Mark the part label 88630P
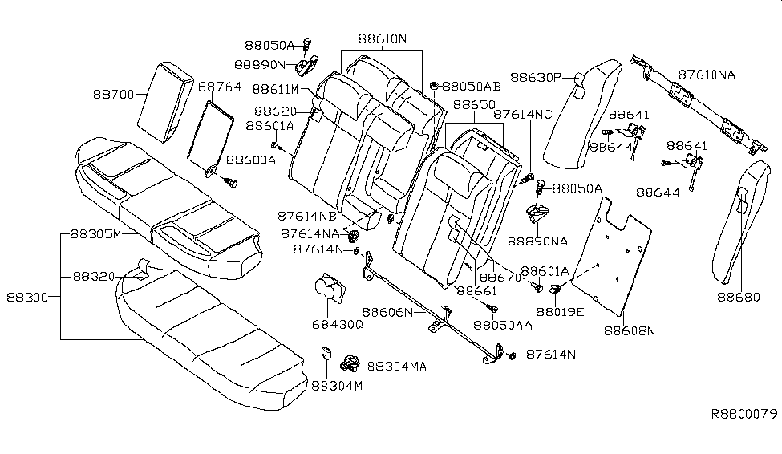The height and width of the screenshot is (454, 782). click(x=539, y=78)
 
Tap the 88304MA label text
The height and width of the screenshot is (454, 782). click(x=396, y=366)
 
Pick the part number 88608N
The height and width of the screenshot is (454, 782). click(x=629, y=330)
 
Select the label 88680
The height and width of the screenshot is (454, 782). click(x=736, y=297)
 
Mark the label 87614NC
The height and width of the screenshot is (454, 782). click(x=522, y=115)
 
